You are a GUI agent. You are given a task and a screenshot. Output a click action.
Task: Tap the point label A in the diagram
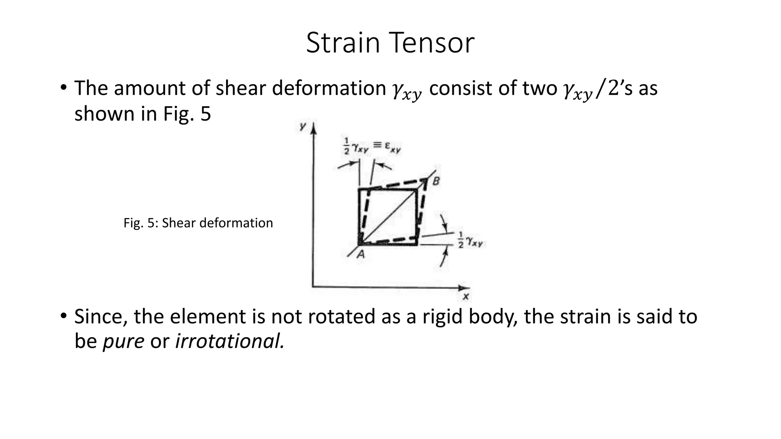tap(360, 254)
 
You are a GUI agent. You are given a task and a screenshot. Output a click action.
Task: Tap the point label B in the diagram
tap(436, 181)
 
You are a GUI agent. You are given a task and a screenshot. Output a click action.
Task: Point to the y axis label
tap(303, 126)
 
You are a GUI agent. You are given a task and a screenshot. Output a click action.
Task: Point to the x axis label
tap(465, 296)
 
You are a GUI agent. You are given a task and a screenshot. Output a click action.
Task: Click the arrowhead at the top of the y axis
tap(313, 128)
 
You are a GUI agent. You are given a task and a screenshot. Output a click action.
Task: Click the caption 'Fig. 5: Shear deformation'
tap(198, 223)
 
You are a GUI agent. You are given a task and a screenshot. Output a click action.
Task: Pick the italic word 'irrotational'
tap(229, 341)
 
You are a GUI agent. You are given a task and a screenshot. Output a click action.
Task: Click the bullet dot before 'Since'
tap(63, 316)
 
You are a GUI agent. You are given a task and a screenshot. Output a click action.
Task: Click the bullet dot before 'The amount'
tap(63, 88)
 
